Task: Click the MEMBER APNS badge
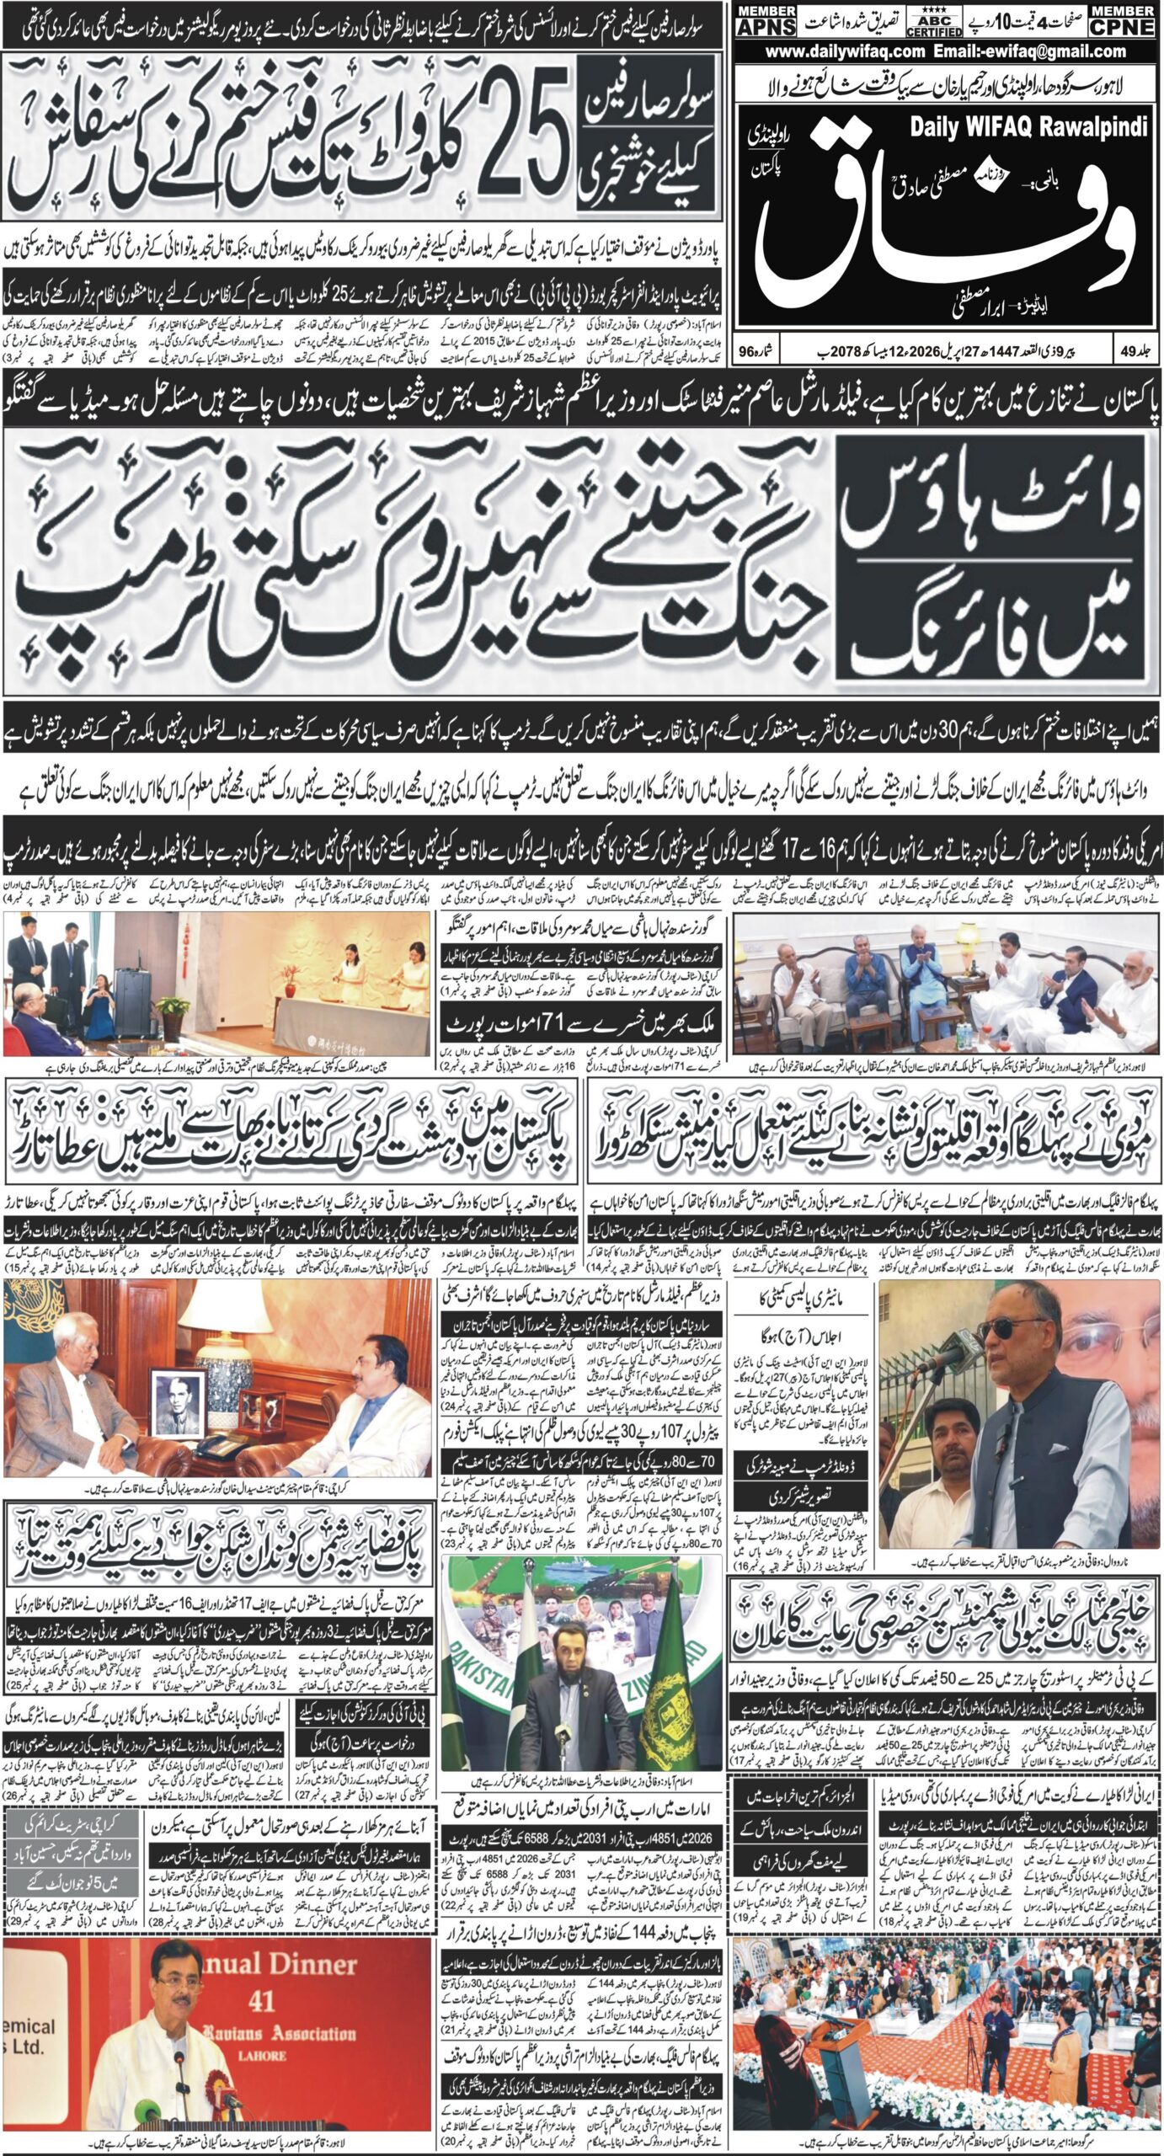(x=765, y=19)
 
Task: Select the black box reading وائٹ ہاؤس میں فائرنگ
(x=992, y=558)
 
